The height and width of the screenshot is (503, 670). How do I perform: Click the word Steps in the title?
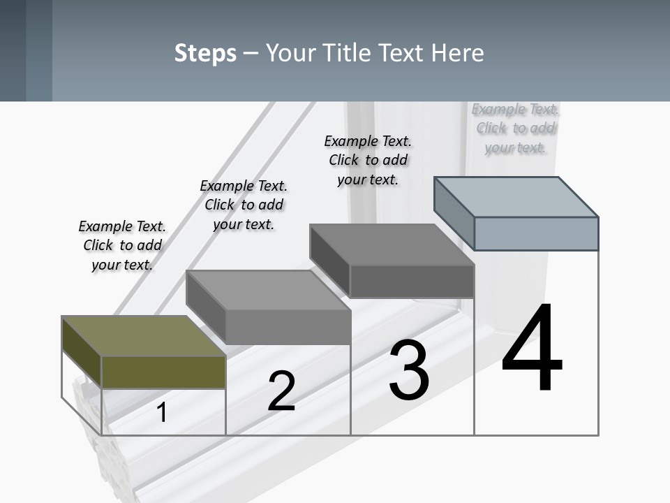click(x=205, y=53)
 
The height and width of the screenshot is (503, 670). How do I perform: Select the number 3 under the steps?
click(x=409, y=370)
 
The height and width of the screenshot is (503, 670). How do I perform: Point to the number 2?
click(x=281, y=391)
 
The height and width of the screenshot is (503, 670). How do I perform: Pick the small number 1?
click(x=162, y=412)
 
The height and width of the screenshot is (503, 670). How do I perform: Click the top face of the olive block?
click(x=143, y=336)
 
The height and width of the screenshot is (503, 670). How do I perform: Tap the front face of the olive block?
click(x=163, y=372)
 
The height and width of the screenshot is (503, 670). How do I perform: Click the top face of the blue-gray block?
click(x=516, y=196)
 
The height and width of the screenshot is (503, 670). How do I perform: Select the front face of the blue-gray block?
click(x=536, y=233)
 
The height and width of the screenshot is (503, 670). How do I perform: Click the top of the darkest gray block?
click(x=392, y=244)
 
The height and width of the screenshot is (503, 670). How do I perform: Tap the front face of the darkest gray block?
click(x=412, y=281)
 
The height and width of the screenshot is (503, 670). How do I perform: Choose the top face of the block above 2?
click(x=268, y=290)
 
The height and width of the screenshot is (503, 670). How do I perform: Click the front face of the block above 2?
click(x=288, y=327)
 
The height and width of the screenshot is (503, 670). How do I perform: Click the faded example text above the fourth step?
click(x=515, y=129)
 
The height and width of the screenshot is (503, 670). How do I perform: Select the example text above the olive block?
click(x=122, y=245)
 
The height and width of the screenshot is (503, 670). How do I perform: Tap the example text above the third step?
click(x=368, y=160)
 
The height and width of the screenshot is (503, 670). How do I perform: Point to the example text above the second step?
click(x=244, y=205)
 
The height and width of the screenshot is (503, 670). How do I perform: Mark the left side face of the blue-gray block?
click(x=454, y=210)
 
